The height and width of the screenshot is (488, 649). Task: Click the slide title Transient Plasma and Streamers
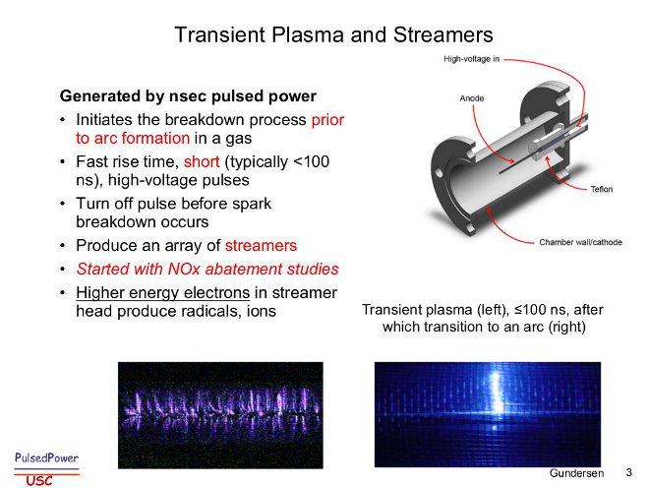(333, 34)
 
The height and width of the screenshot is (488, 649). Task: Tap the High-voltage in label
(471, 59)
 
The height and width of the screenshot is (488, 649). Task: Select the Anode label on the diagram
(472, 98)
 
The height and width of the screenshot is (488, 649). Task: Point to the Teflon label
(602, 189)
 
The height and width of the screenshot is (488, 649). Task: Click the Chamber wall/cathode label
(580, 242)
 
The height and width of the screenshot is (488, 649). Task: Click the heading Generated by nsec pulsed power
(188, 95)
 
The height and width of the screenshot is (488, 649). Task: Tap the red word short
(202, 161)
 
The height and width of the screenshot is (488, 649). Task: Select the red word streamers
(261, 245)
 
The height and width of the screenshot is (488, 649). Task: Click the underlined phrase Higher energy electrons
(162, 293)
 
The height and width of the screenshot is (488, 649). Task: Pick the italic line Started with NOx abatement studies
(207, 269)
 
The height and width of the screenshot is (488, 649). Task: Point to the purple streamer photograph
(220, 415)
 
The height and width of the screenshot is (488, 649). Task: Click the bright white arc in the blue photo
(495, 392)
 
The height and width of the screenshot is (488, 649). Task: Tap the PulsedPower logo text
(46, 457)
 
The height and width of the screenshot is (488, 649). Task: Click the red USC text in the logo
(39, 480)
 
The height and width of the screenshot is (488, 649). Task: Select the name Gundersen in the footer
(576, 473)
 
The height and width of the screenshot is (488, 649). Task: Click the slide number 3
(628, 472)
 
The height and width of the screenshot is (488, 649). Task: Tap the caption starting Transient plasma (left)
(483, 318)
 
